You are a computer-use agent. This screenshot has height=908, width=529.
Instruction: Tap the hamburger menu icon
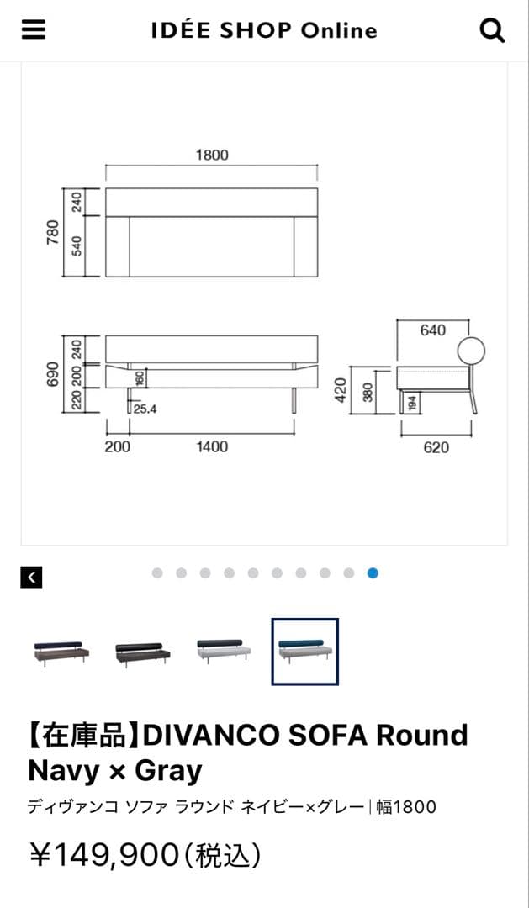(x=34, y=29)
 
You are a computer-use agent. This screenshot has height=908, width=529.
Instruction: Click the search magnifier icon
(x=492, y=30)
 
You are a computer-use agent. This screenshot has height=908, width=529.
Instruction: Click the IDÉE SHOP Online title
(x=264, y=30)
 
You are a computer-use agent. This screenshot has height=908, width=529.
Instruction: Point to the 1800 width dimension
(x=212, y=155)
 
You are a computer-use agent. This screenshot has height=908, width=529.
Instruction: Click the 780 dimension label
(x=53, y=232)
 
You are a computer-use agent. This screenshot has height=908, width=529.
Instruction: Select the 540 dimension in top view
(x=77, y=245)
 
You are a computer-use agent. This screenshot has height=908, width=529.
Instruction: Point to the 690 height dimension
(x=53, y=374)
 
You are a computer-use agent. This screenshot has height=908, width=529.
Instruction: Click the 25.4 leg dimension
(x=145, y=409)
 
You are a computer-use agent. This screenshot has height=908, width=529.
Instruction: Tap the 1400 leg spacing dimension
(x=211, y=446)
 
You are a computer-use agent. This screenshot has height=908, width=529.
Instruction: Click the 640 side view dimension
(x=433, y=330)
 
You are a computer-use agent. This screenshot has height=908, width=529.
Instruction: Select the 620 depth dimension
(x=436, y=447)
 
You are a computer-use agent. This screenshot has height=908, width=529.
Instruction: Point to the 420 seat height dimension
(x=341, y=390)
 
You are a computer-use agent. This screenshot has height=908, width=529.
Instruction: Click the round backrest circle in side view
(x=471, y=351)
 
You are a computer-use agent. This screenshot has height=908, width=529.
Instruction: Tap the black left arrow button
(x=31, y=577)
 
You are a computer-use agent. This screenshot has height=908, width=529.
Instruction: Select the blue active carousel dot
(x=373, y=573)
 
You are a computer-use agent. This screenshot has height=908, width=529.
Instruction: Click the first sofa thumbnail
(x=61, y=652)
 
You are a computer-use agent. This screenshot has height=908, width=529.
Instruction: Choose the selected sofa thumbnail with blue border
(x=305, y=652)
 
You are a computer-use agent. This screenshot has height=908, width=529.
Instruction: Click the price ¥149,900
(x=104, y=855)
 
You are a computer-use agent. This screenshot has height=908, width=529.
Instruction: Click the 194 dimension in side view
(x=411, y=403)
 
